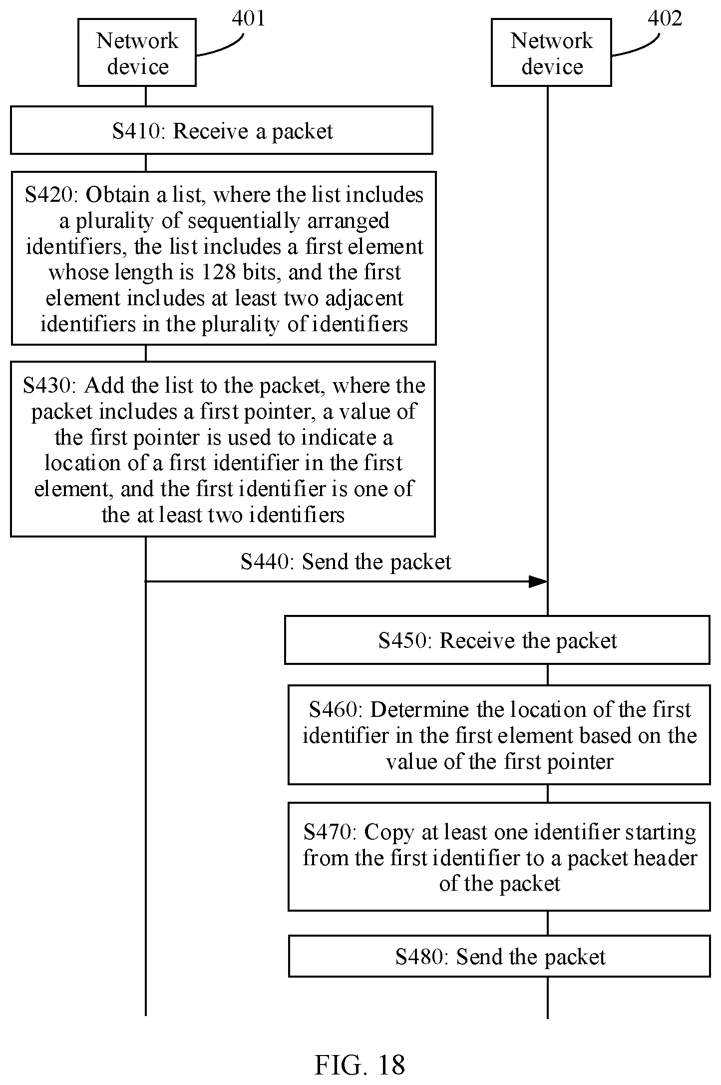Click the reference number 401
pos(248,18)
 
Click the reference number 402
pos(665,18)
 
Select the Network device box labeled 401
pos(137,52)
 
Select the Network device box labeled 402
pos(551,52)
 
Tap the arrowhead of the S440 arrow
pos(538,581)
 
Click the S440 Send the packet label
pos(346,561)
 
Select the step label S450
pos(404,640)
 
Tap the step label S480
pos(421,957)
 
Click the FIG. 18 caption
pos(360,1065)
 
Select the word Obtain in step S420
pos(118,194)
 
